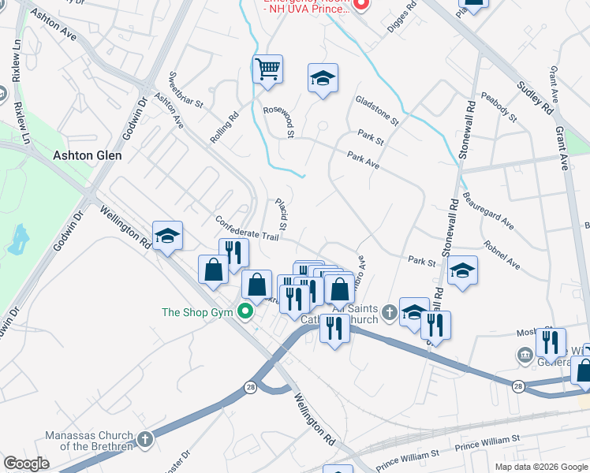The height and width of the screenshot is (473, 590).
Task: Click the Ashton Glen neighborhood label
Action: point(87,156)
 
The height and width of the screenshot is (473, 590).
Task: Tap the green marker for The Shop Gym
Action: point(245,312)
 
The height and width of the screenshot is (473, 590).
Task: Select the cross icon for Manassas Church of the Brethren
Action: point(144,438)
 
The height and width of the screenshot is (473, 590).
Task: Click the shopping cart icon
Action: point(267,69)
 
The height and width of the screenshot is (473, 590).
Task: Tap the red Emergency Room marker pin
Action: point(361,5)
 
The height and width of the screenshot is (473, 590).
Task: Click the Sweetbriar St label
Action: point(186,91)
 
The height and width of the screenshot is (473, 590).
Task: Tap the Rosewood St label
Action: point(278,122)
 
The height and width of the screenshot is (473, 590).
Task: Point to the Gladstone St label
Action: point(377,111)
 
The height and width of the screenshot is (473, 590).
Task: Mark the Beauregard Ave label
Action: point(488,210)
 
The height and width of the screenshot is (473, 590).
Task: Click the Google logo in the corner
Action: point(26,464)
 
